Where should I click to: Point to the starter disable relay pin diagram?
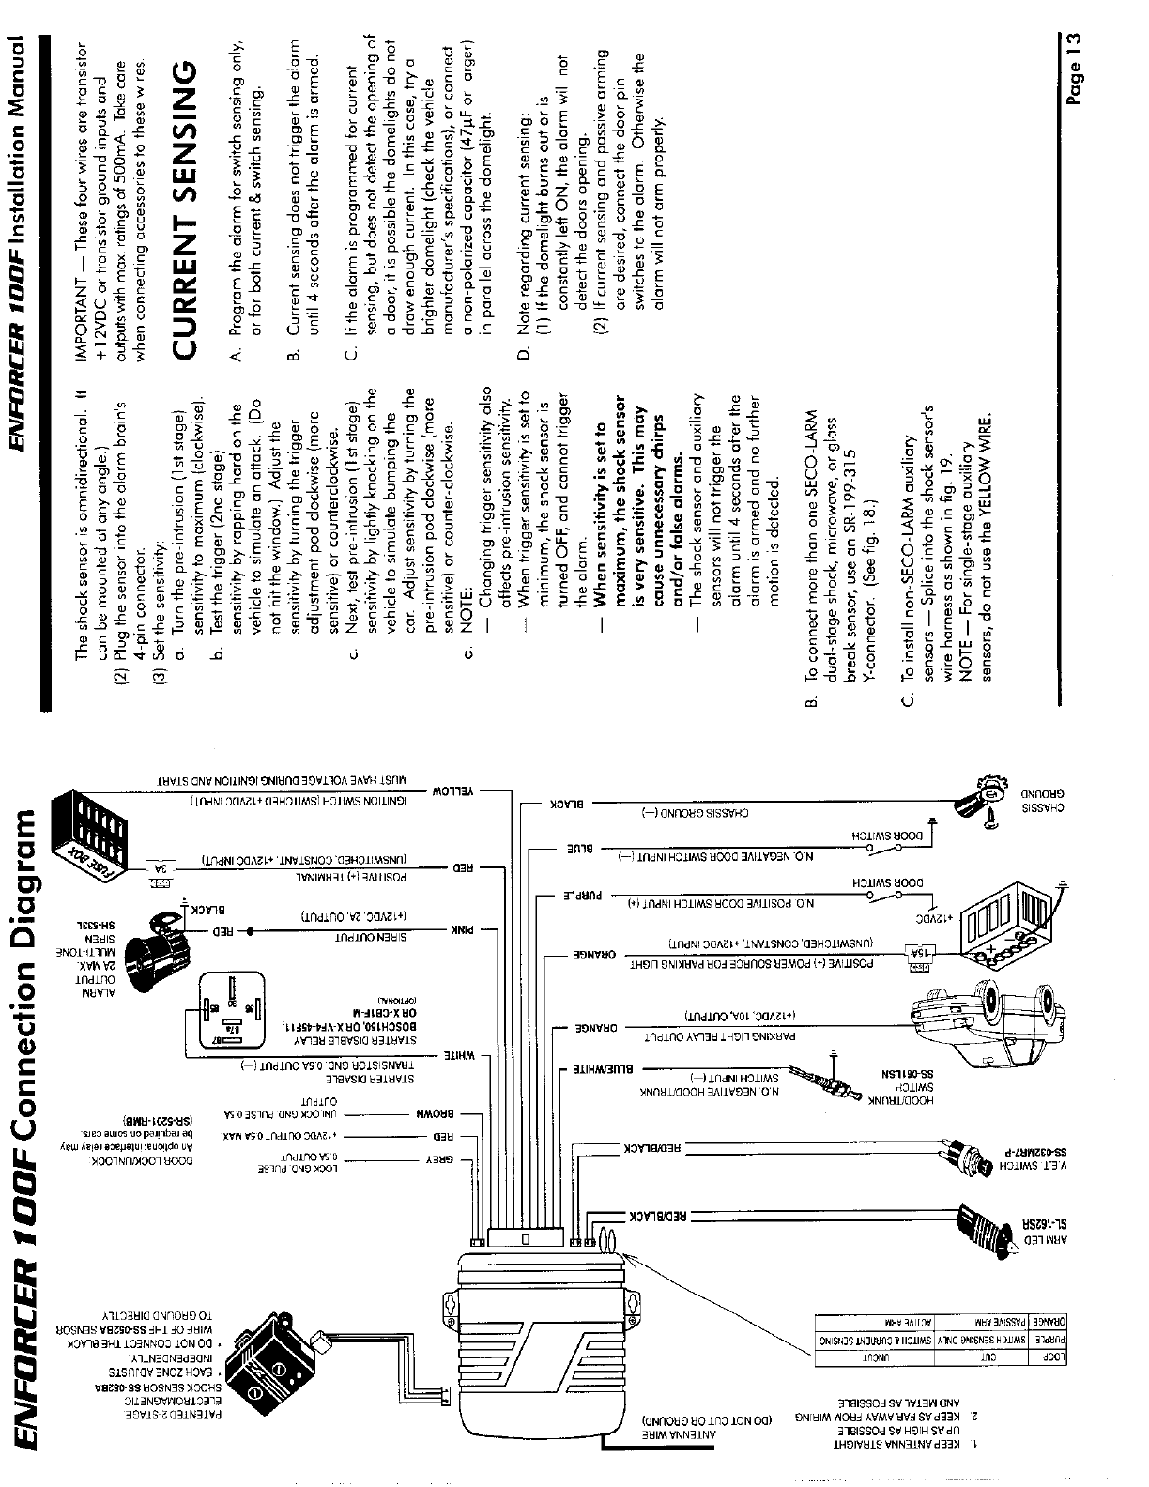(231, 1015)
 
